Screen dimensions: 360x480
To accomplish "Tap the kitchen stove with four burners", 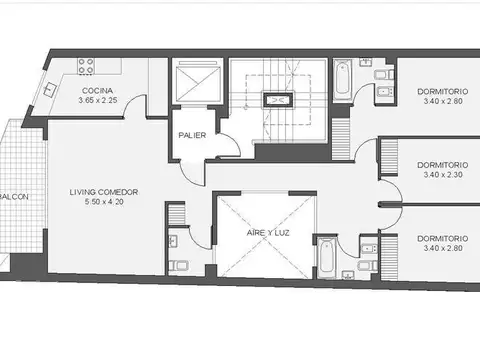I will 87,67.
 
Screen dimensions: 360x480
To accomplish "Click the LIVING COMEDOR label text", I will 103,190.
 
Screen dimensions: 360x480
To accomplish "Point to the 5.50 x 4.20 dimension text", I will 103,201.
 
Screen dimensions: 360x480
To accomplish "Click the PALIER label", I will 192,135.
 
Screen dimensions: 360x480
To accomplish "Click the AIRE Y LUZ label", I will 267,232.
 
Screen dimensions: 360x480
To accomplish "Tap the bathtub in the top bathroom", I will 343,81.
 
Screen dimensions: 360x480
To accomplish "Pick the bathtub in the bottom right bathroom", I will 326,257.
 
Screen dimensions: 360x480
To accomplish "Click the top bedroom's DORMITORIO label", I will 438,91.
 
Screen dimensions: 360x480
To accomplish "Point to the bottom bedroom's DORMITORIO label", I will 438,237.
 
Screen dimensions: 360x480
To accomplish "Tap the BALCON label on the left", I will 19,196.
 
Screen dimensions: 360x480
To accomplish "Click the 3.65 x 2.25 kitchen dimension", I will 98,101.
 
